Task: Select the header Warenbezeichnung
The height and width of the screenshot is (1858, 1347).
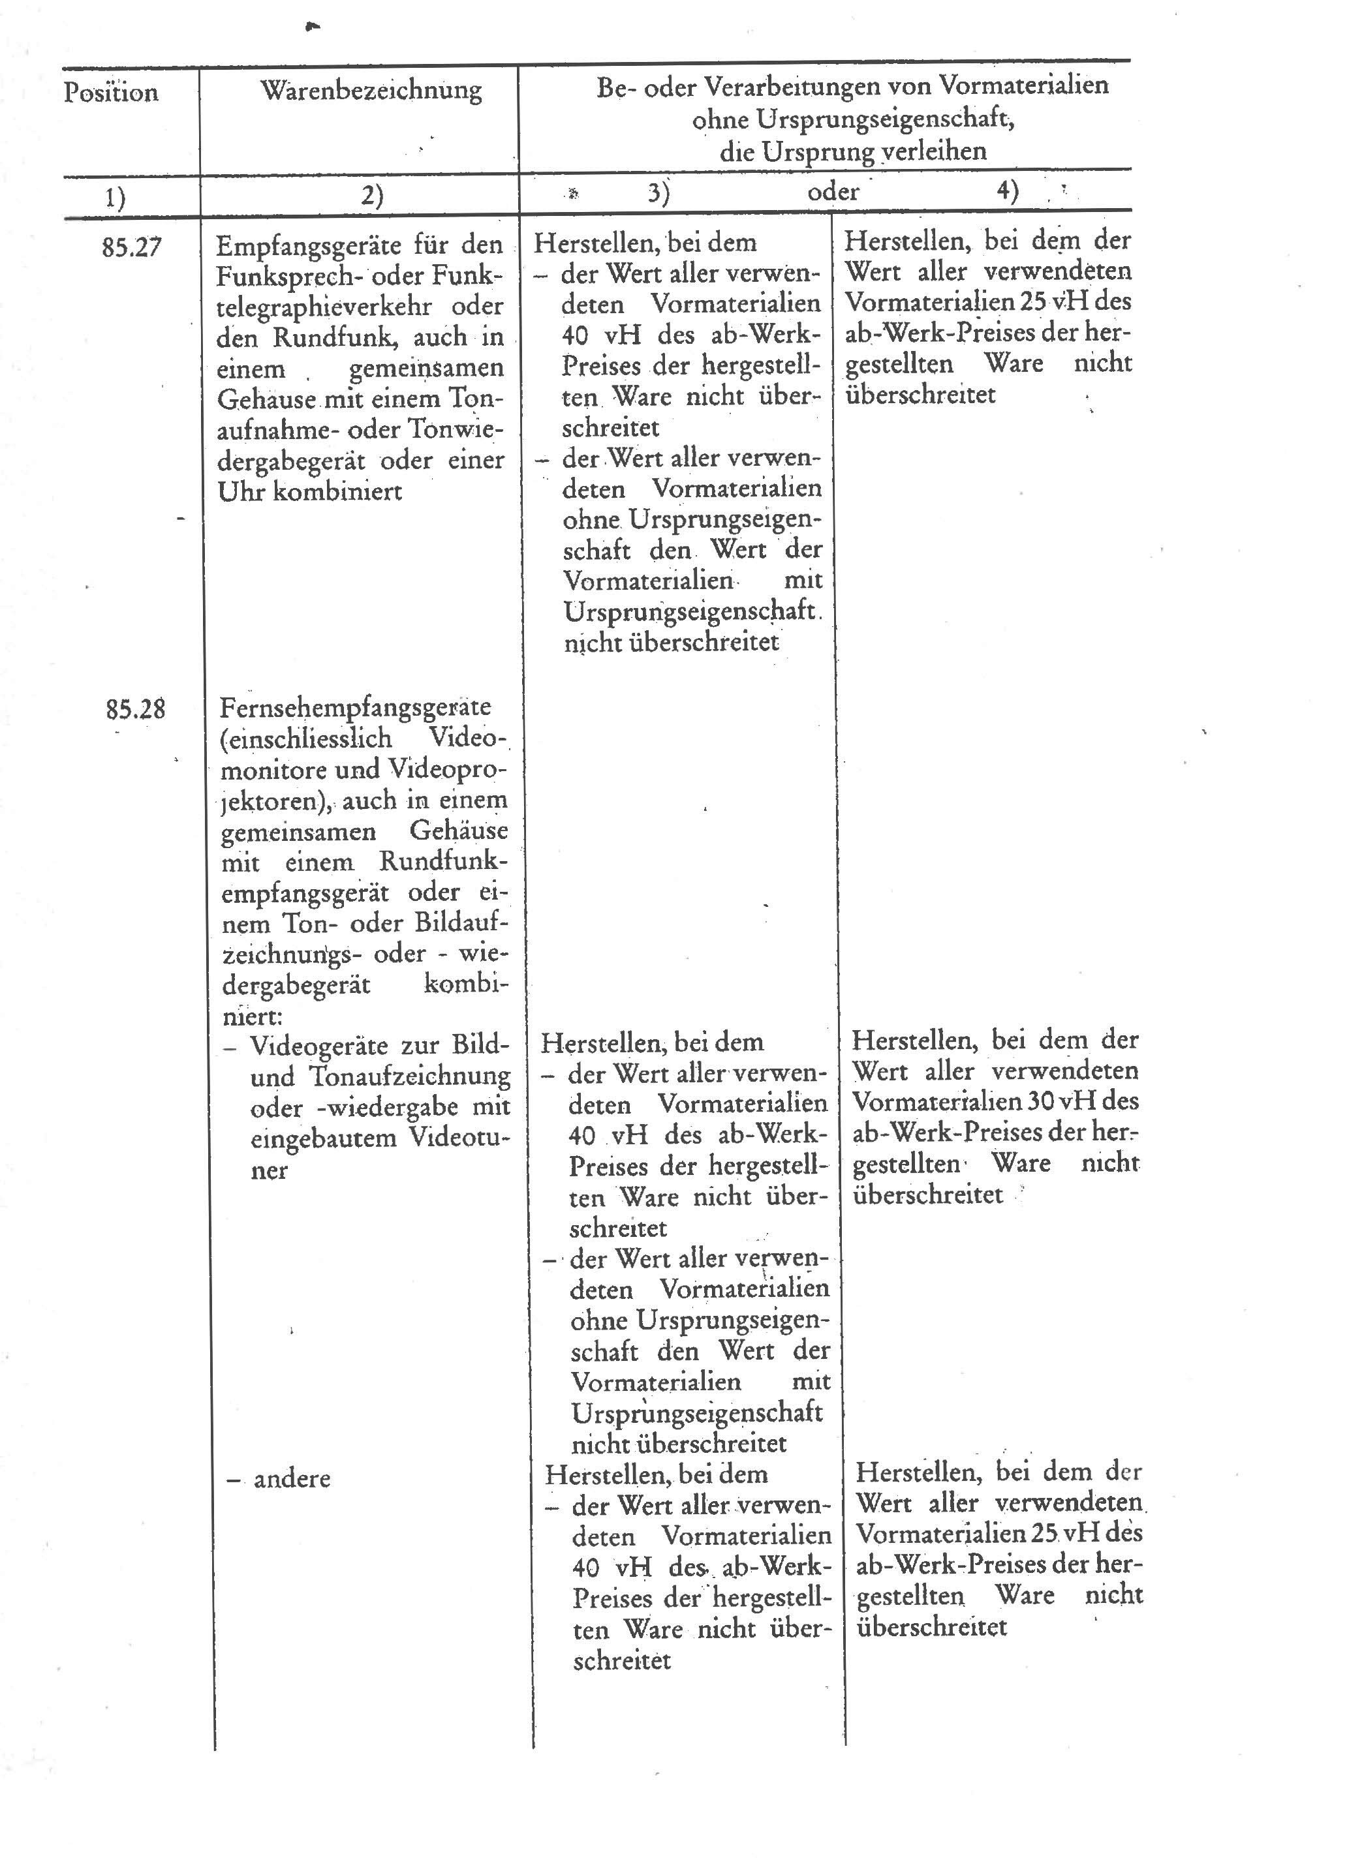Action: (x=371, y=89)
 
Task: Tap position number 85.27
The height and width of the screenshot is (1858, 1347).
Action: (x=131, y=247)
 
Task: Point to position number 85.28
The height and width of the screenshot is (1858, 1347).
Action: (x=135, y=708)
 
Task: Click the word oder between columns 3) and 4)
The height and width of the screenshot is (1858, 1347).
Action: (x=833, y=192)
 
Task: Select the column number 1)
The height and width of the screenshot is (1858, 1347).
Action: (x=115, y=198)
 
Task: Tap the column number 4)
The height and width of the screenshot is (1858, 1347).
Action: (x=1008, y=191)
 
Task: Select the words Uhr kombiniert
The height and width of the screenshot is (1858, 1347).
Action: (x=310, y=491)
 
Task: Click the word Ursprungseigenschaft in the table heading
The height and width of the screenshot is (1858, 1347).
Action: (x=852, y=119)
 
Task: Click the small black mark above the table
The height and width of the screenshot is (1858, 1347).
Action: (x=311, y=27)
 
